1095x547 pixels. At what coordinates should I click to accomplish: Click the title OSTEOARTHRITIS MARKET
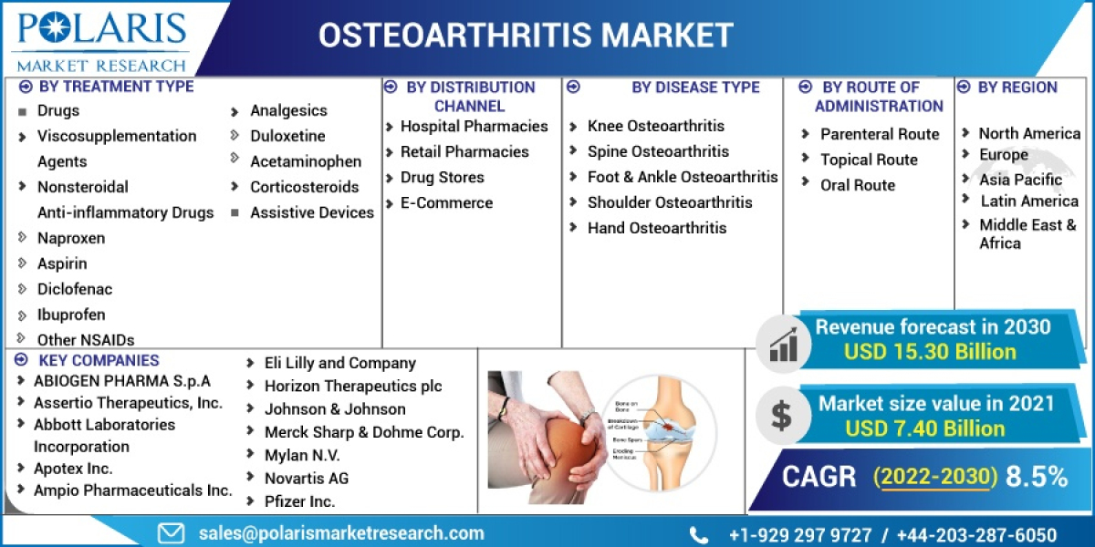526,35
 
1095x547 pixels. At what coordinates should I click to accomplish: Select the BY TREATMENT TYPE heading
115,87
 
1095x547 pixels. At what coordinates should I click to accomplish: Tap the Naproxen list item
70,238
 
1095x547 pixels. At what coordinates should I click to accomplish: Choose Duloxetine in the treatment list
287,136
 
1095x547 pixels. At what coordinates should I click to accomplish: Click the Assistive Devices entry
311,212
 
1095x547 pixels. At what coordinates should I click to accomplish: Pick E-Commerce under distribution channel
446,203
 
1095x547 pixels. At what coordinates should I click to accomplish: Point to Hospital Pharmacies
474,127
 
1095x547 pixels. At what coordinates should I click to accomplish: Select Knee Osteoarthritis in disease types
655,126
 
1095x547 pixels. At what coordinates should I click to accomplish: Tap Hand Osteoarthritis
656,228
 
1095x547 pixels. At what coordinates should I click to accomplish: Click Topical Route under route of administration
869,160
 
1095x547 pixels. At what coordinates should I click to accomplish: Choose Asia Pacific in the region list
1020,180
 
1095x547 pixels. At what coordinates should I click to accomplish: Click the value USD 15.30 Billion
929,352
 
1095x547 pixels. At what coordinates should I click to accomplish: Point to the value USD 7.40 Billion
924,428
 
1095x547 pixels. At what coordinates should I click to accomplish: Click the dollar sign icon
781,416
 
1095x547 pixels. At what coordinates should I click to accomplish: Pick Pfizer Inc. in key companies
299,501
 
